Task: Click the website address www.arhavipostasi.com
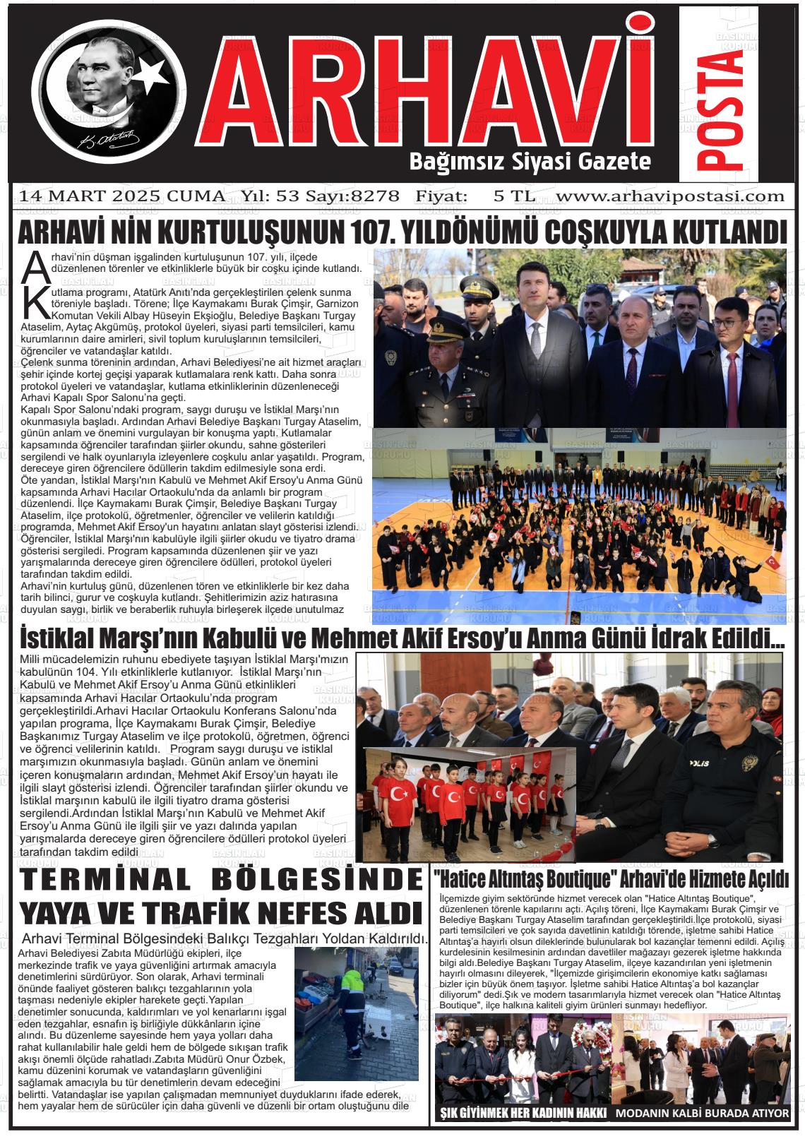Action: pyautogui.click(x=670, y=196)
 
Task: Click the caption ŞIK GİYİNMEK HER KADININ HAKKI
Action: pyautogui.click(x=523, y=1114)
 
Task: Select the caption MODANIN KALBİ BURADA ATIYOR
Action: pyautogui.click(x=702, y=1114)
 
